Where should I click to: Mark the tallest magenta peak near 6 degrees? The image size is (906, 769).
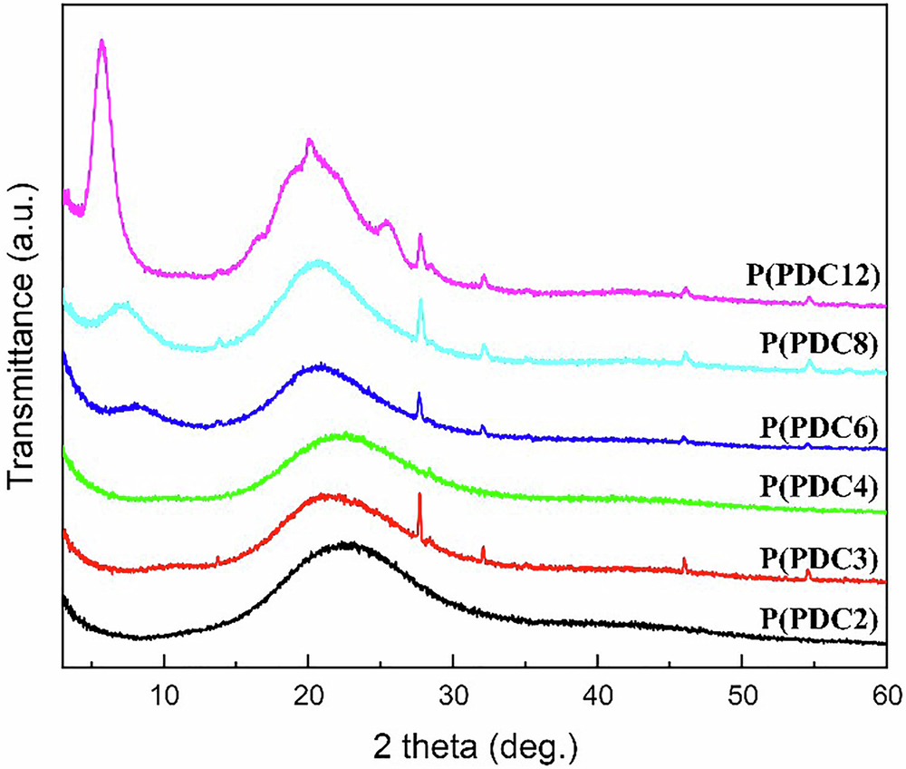[x=102, y=42]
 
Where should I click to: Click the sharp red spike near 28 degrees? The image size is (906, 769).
[x=419, y=495]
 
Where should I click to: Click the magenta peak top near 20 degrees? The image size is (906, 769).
[x=310, y=141]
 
